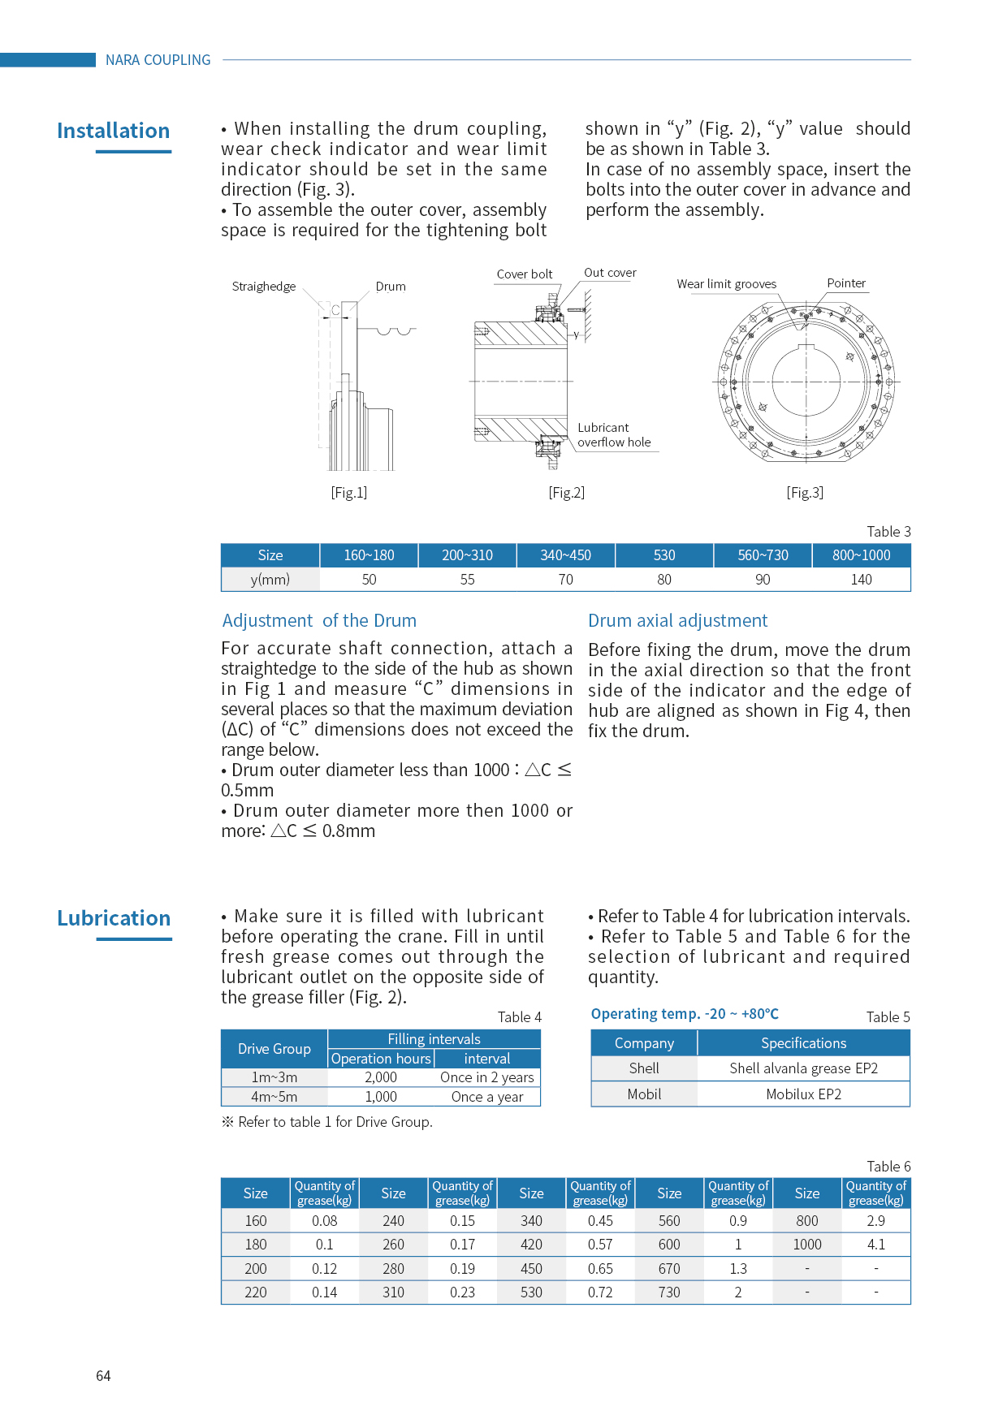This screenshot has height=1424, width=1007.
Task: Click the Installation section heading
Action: click(114, 131)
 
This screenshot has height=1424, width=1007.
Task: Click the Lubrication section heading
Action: click(114, 918)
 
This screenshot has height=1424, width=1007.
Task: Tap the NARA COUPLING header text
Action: click(158, 60)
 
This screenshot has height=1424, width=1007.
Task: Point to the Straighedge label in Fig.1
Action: click(264, 287)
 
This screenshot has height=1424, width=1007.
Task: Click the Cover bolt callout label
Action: click(525, 274)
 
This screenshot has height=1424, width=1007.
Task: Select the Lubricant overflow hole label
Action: click(614, 435)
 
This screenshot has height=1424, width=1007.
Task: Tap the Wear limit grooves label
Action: click(727, 284)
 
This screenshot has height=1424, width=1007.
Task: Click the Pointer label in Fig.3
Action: click(846, 283)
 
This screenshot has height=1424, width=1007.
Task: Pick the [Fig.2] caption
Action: click(566, 493)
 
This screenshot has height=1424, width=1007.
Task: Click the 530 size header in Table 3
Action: click(664, 555)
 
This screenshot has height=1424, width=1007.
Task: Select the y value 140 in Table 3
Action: click(861, 580)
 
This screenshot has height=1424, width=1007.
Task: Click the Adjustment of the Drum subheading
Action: click(319, 621)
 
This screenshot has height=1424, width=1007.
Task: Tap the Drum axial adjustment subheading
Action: click(677, 621)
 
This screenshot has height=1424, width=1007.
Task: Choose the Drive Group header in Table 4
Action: click(274, 1049)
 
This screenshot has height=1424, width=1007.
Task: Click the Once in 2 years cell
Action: click(487, 1077)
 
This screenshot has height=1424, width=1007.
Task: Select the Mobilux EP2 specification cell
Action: click(803, 1094)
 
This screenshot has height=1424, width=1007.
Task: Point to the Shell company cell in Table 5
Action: click(644, 1068)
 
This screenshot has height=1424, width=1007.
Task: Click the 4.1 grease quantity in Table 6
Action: click(876, 1245)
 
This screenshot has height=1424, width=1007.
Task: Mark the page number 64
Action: click(103, 1376)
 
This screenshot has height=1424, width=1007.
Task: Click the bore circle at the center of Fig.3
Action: click(806, 381)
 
